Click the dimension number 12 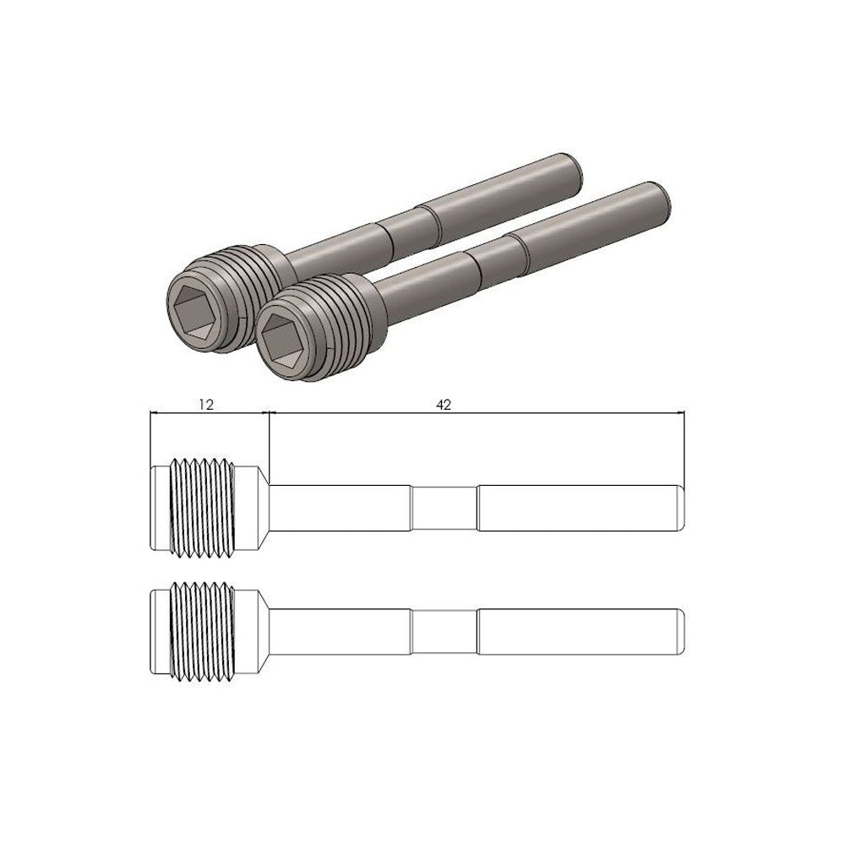[206, 405]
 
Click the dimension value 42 [444, 405]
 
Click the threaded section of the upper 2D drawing [203, 507]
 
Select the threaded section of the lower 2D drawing [203, 630]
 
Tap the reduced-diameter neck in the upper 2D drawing [444, 507]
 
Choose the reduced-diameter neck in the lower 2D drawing [444, 630]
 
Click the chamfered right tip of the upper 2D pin [680, 507]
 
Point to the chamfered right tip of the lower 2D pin [680, 630]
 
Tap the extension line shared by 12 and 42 [269, 439]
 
